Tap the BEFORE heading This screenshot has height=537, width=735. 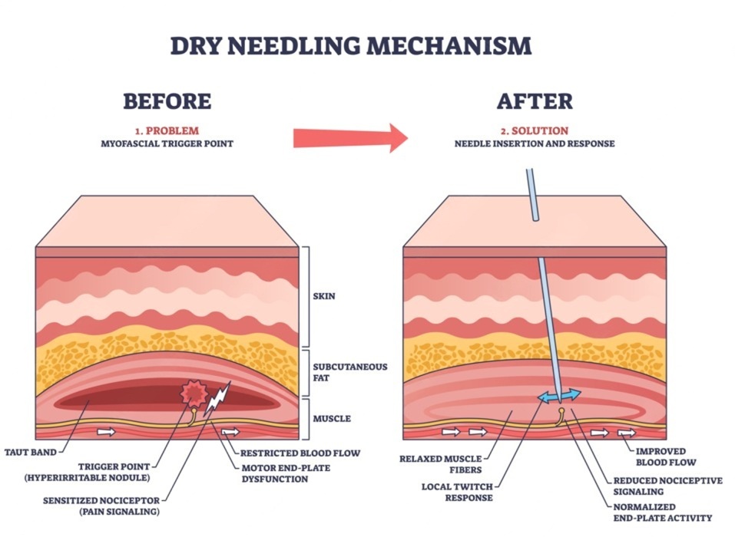click(167, 101)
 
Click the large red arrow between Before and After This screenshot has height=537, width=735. click(350, 137)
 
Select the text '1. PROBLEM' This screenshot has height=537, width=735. click(167, 130)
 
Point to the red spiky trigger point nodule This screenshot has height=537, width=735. click(192, 394)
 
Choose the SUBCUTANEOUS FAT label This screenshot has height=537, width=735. click(339, 372)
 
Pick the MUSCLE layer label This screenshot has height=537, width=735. click(332, 419)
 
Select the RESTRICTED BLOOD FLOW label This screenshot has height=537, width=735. click(300, 453)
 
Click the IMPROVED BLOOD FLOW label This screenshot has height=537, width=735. click(665, 456)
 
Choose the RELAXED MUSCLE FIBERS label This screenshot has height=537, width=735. click(440, 464)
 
